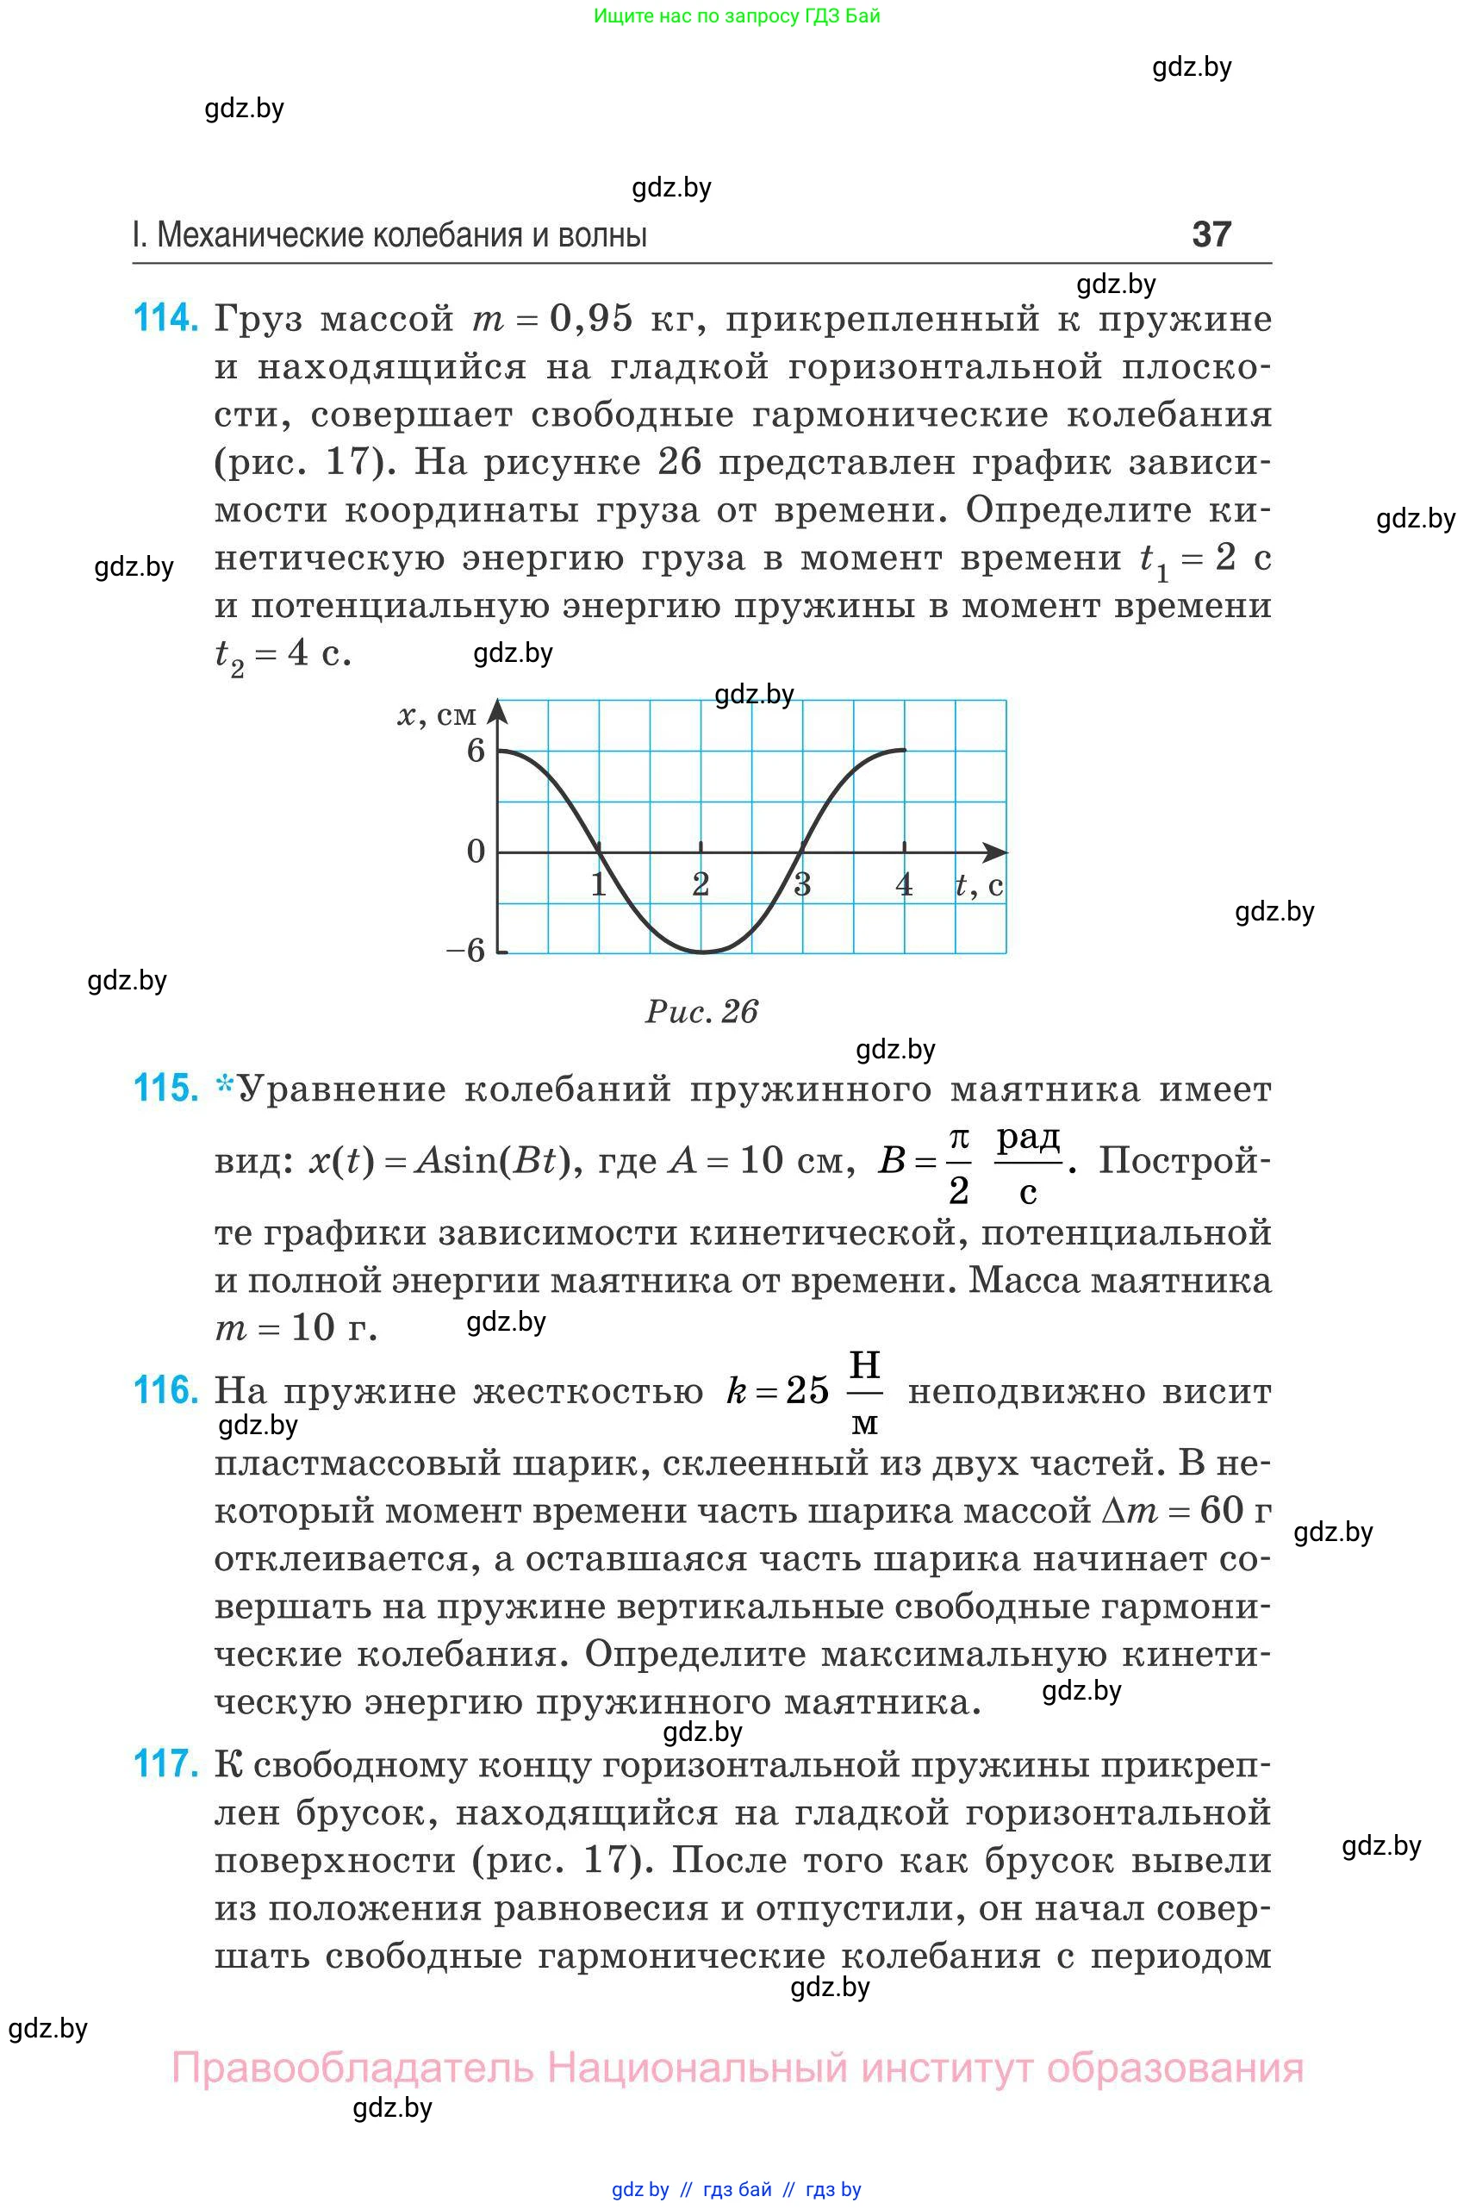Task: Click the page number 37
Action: pos(1211,234)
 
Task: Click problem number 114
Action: pos(165,318)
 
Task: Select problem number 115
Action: pos(165,1089)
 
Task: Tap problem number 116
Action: pos(165,1390)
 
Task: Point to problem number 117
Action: pos(165,1763)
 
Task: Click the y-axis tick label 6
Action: pos(476,751)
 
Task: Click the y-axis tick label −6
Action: pos(466,950)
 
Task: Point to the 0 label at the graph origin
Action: pos(476,852)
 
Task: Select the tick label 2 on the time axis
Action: pos(701,884)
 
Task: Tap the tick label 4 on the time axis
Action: pos(904,884)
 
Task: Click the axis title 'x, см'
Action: pos(437,715)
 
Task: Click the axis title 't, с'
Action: pos(979,885)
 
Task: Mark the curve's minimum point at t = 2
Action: pos(701,952)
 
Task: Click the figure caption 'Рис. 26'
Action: pos(701,1011)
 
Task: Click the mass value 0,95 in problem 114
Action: pos(591,318)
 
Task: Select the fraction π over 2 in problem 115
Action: pos(958,1164)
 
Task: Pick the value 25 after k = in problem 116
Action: pos(807,1391)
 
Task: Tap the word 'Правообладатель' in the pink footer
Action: pos(352,2069)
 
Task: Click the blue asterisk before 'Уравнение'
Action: pos(225,1086)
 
